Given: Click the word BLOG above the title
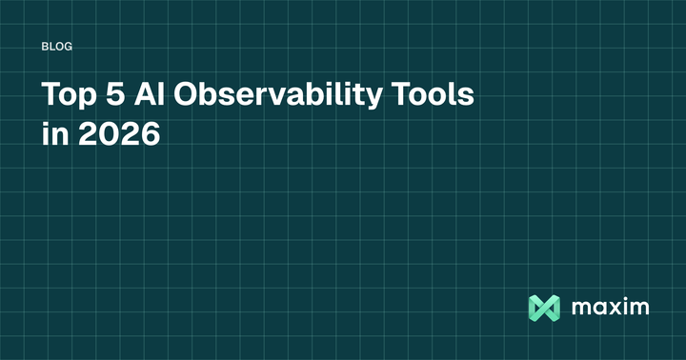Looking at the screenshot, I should (x=58, y=46).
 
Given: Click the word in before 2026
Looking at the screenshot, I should (x=55, y=135).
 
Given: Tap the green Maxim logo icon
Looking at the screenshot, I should (x=542, y=308).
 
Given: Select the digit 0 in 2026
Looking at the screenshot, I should (x=108, y=135).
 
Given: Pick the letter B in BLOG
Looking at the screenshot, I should (x=47, y=46).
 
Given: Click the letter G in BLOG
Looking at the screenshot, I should (x=70, y=46).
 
